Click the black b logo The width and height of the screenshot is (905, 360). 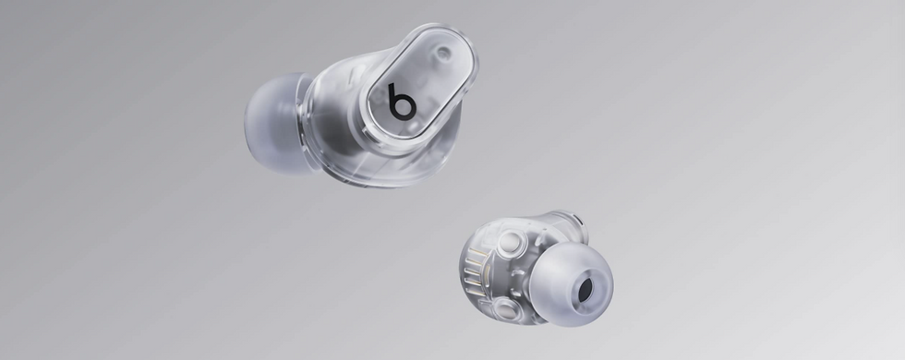[402, 102]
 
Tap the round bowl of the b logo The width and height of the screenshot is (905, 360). [404, 107]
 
